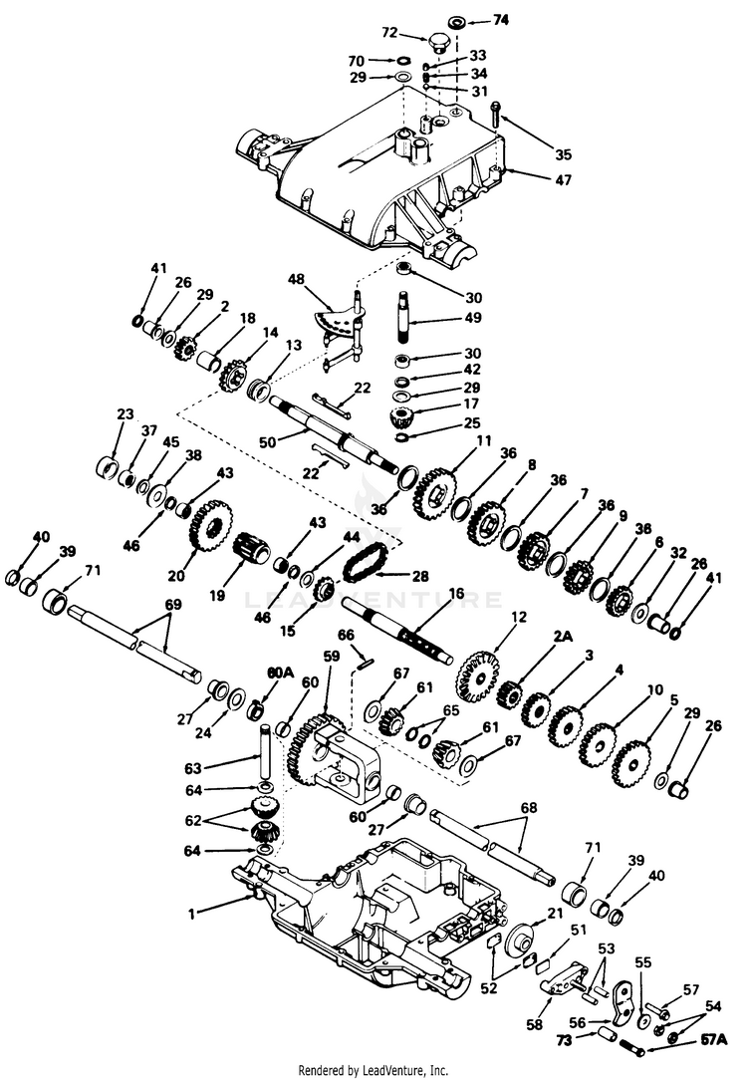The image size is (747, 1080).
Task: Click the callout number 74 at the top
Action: click(x=502, y=20)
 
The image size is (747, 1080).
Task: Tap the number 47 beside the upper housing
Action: click(x=565, y=182)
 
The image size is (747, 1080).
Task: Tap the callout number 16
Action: click(x=456, y=593)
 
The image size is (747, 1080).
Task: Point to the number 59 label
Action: click(x=330, y=657)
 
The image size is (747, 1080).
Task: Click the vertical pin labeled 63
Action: click(x=266, y=753)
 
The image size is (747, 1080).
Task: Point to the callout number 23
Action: click(x=124, y=414)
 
